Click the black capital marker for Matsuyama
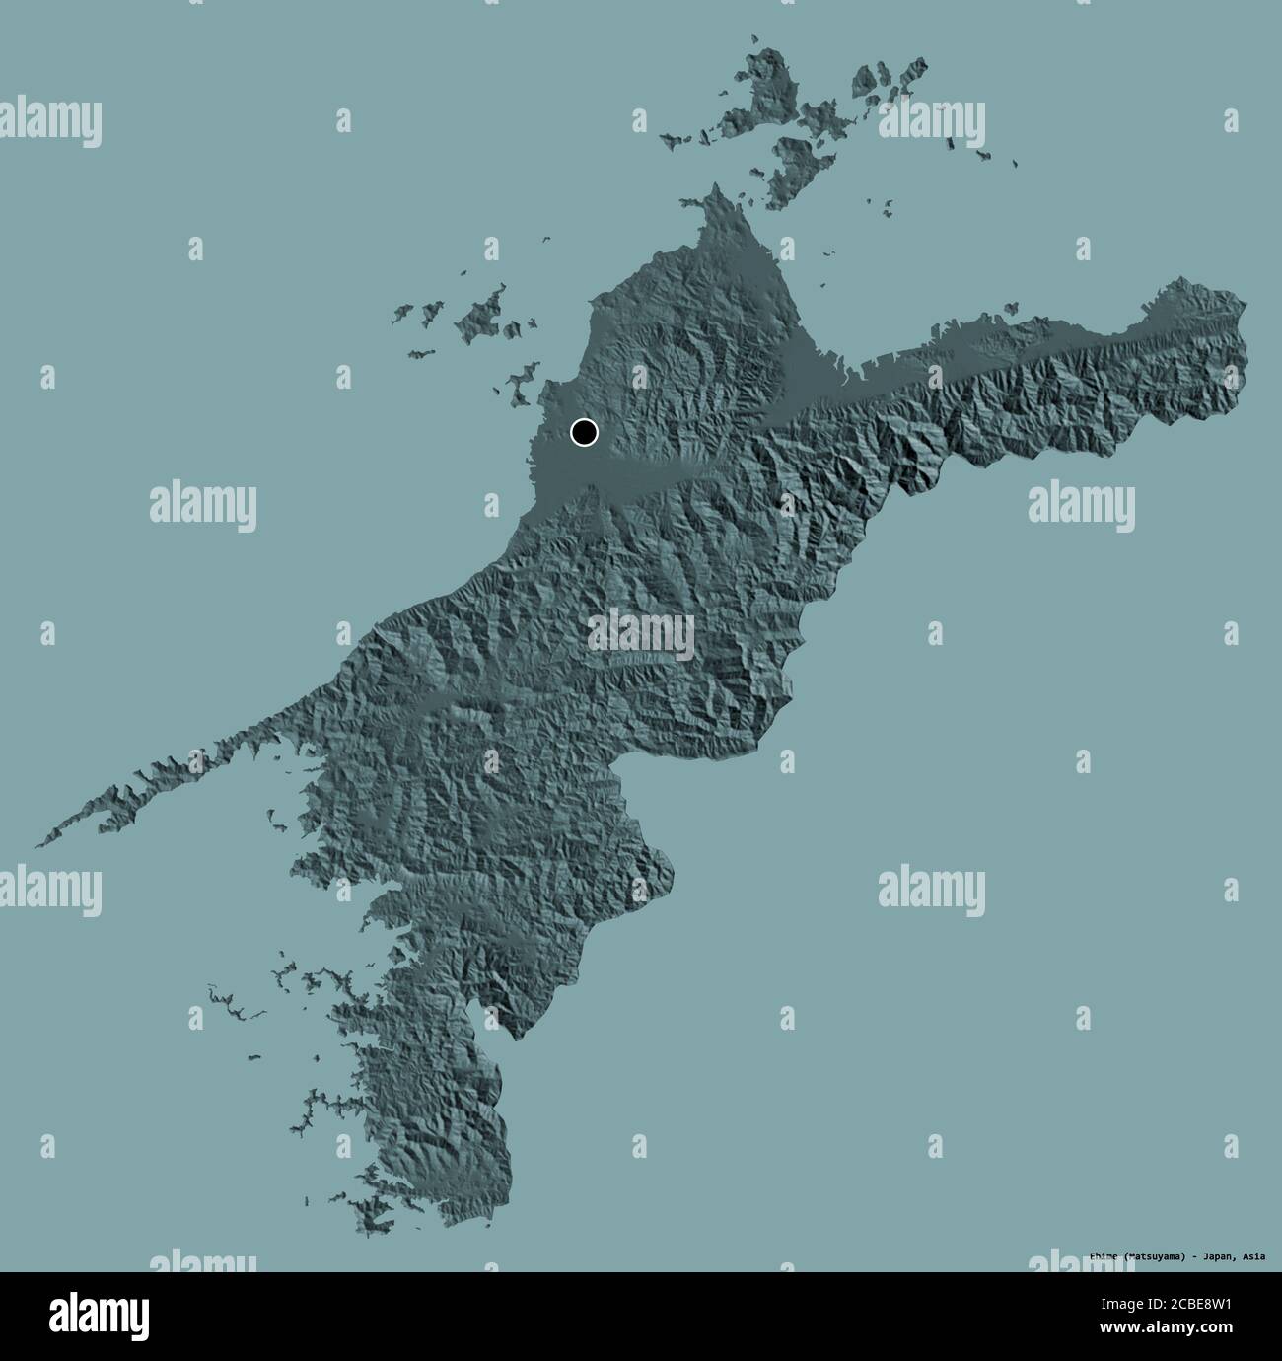pos(584,431)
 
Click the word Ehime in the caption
pos(1108,1255)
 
